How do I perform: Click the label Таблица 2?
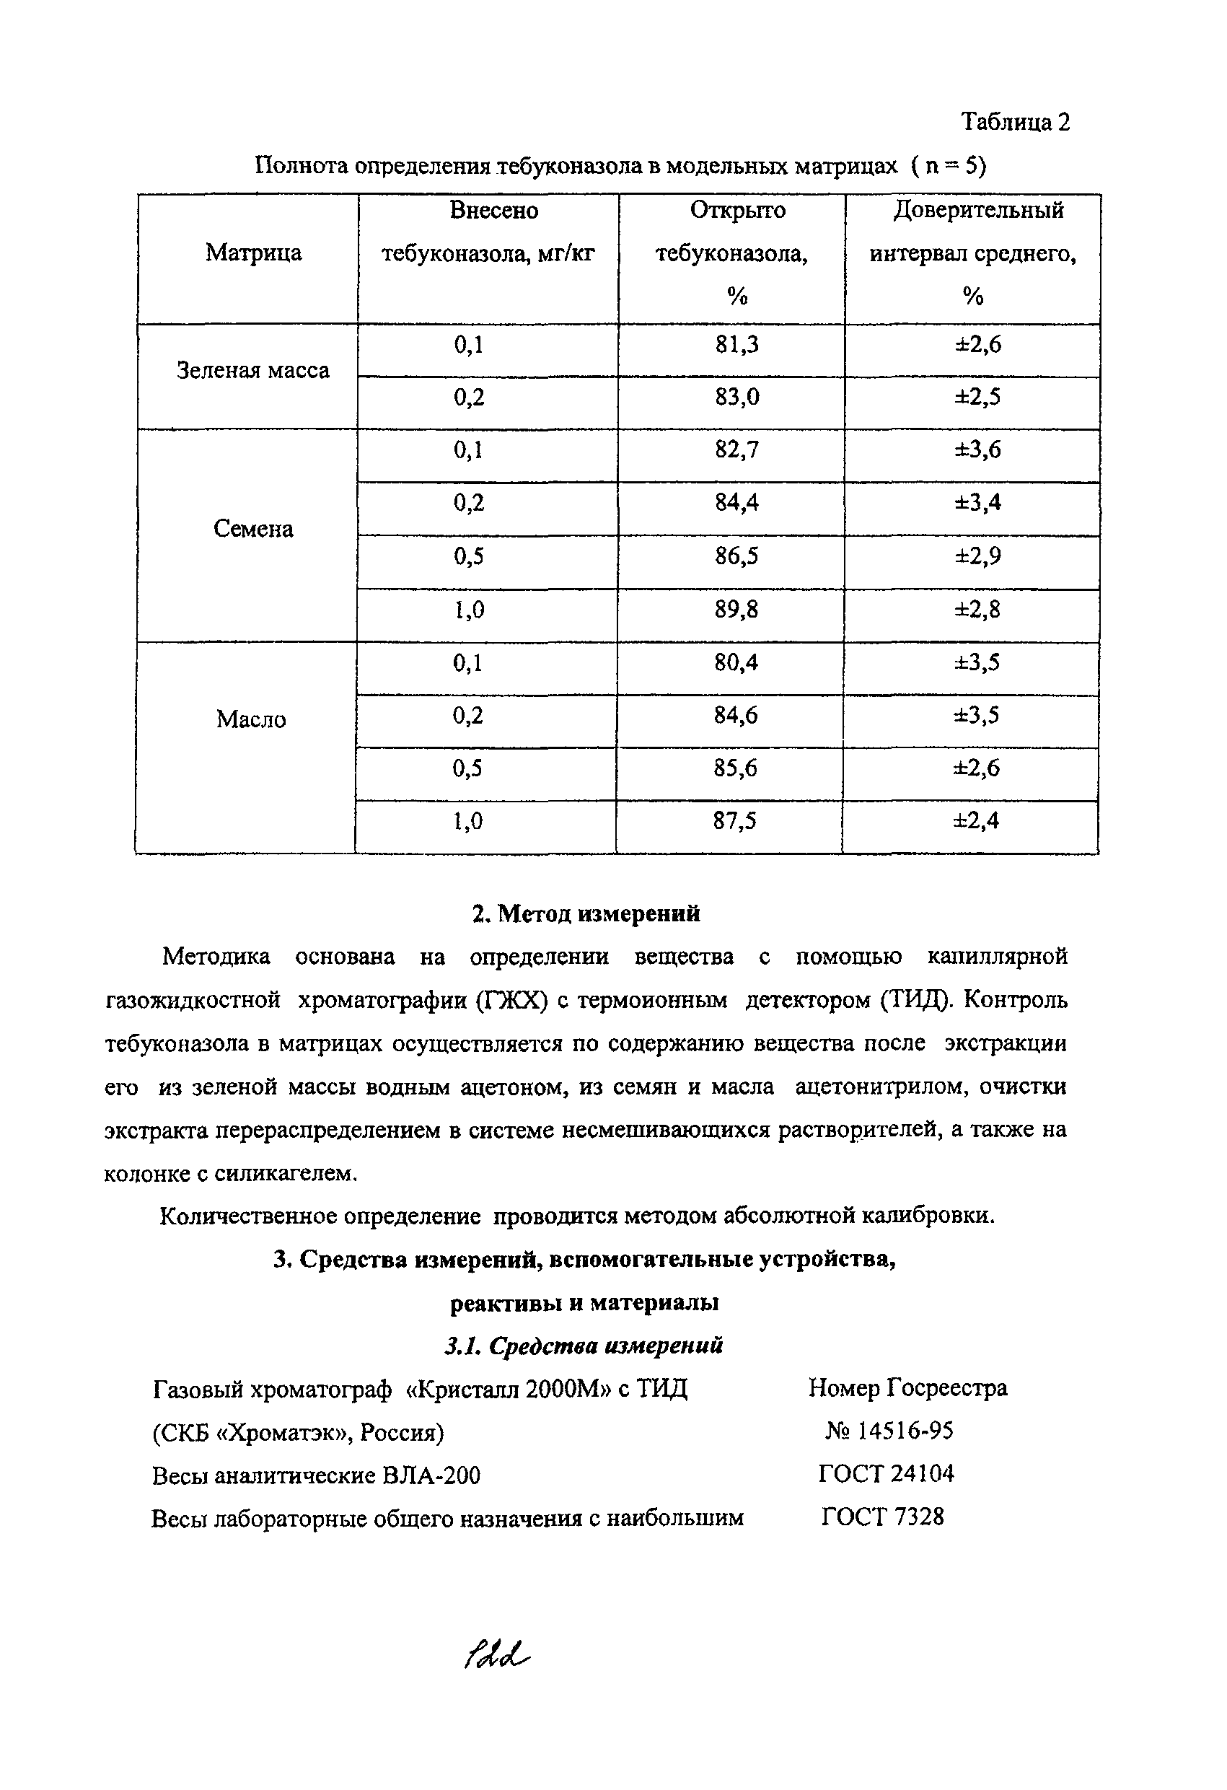pos(1015,122)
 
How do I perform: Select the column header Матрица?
pos(253,253)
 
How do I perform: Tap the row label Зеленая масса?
pos(252,370)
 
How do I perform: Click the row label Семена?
pos(252,529)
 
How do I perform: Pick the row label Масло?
pos(251,719)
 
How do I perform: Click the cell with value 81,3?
pos(736,345)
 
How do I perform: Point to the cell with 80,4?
pos(736,662)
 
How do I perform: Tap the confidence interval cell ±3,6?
pos(977,449)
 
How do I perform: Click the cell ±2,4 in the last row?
pos(976,821)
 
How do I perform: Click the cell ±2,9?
pos(977,556)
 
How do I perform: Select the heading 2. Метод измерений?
pos(586,913)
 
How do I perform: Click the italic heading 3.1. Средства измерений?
pos(584,1346)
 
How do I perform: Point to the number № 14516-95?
pos(889,1431)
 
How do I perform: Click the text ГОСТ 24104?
pos(886,1474)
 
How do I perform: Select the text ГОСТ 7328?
pos(882,1517)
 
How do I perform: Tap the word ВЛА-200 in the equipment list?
pos(431,1475)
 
